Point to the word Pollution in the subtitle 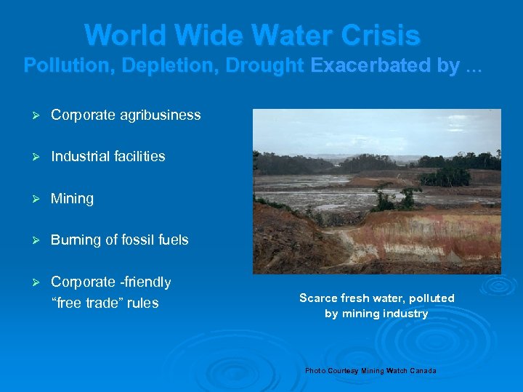pyautogui.click(x=69, y=66)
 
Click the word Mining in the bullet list pyautogui.click(x=72, y=199)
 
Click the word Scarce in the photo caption pyautogui.click(x=317, y=298)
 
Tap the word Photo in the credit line pyautogui.click(x=315, y=371)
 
